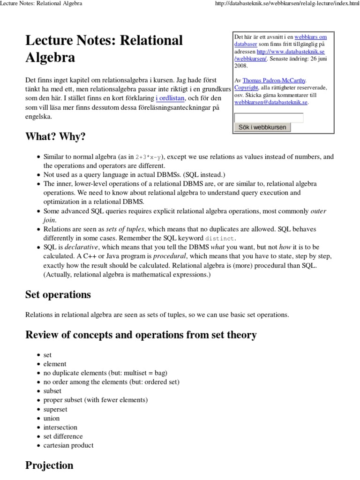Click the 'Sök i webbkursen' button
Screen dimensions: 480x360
(262, 127)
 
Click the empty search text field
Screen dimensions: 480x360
(269, 118)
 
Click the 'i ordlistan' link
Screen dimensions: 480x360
(171, 98)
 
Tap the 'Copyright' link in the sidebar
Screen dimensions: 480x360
(246, 87)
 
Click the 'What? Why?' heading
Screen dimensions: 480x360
(55, 137)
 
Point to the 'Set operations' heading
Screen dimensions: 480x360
(58, 295)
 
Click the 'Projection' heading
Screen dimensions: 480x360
(49, 465)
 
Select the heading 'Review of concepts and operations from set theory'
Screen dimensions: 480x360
(141, 335)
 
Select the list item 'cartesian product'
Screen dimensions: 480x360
(68, 445)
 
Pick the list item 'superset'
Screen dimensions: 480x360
(55, 409)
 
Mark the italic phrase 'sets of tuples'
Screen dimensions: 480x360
(124, 229)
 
